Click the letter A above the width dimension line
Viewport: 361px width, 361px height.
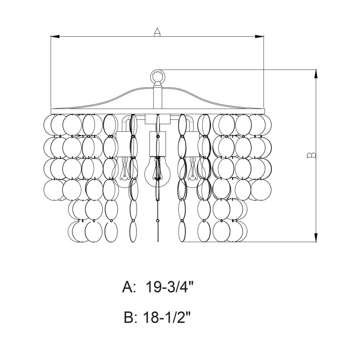coord(157,32)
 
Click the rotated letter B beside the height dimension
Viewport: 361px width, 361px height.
coord(311,156)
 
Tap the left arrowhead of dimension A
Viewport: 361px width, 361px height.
coord(55,36)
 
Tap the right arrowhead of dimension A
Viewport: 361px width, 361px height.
coord(259,36)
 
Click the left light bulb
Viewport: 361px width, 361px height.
coord(124,171)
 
